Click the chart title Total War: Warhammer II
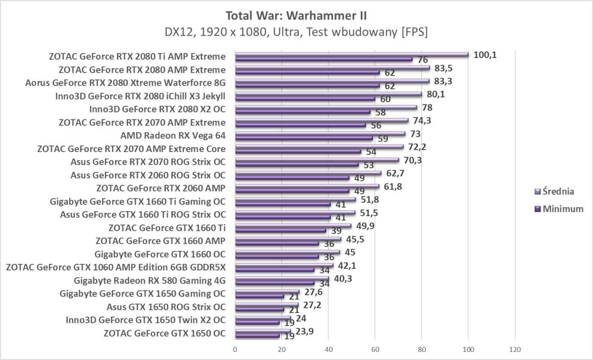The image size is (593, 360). click(296, 16)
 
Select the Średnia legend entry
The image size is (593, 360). click(558, 191)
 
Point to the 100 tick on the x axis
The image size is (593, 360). click(468, 350)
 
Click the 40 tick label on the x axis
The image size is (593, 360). click(328, 350)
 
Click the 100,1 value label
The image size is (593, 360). click(485, 55)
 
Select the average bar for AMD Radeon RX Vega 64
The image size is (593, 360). click(320, 133)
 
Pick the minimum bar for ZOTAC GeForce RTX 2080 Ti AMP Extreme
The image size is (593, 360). click(324, 59)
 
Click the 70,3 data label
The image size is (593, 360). click(413, 161)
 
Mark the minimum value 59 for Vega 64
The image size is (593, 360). click(383, 138)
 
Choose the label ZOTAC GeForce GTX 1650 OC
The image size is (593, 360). click(164, 333)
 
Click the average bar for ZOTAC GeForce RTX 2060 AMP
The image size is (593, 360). click(307, 186)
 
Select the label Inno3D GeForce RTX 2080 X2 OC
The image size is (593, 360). click(157, 109)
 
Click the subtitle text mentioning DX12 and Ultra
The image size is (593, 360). click(296, 32)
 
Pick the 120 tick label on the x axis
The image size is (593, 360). click(515, 350)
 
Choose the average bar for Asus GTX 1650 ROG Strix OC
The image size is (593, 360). click(267, 305)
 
